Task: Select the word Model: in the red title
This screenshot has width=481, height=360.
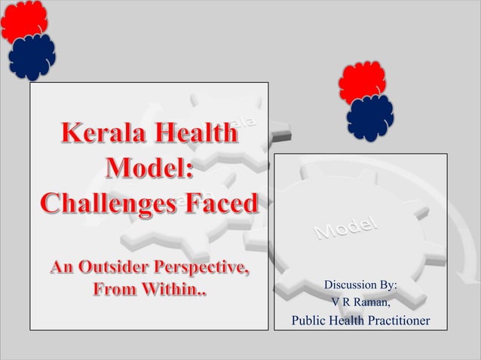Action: click(150, 169)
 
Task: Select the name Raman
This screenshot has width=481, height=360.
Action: click(370, 303)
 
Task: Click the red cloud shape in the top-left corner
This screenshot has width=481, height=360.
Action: click(23, 21)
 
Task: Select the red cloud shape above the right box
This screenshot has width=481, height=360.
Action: click(362, 82)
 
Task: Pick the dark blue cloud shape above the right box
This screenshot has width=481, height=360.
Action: click(369, 117)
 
